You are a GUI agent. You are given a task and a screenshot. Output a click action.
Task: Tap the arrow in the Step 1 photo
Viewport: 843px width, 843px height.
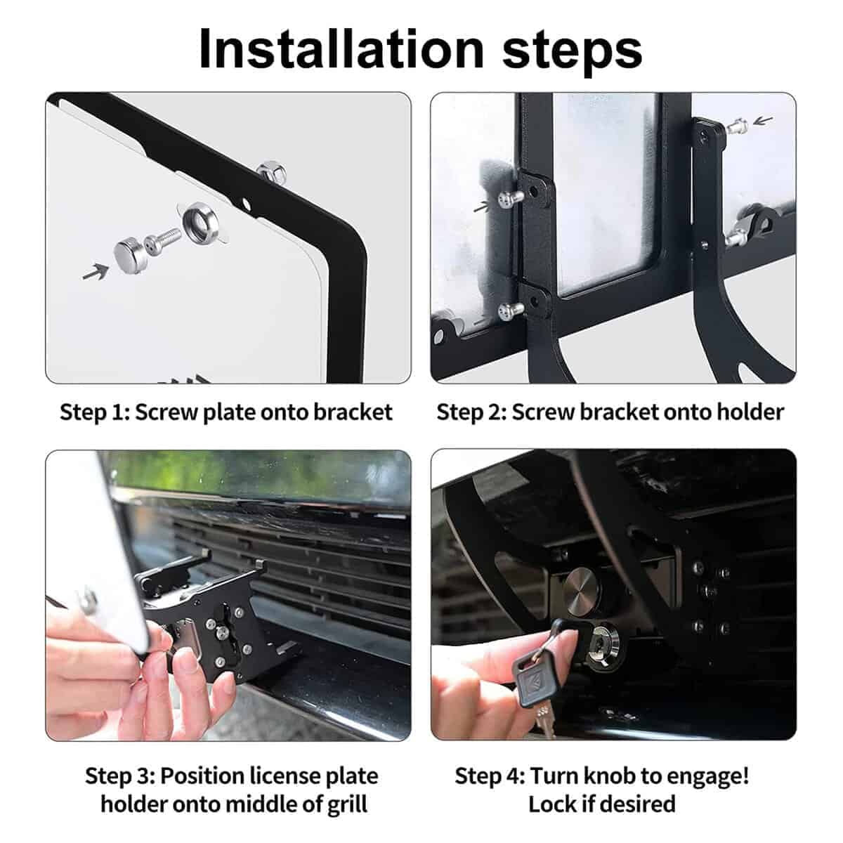(96, 272)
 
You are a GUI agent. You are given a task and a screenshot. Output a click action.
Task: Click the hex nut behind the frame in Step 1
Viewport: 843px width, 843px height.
(270, 170)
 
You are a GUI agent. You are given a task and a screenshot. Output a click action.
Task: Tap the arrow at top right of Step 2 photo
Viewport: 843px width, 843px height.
(763, 120)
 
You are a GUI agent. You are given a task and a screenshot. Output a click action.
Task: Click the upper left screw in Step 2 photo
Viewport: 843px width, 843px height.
(511, 198)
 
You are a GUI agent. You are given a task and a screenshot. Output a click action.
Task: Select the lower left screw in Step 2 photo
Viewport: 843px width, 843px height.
(511, 311)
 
